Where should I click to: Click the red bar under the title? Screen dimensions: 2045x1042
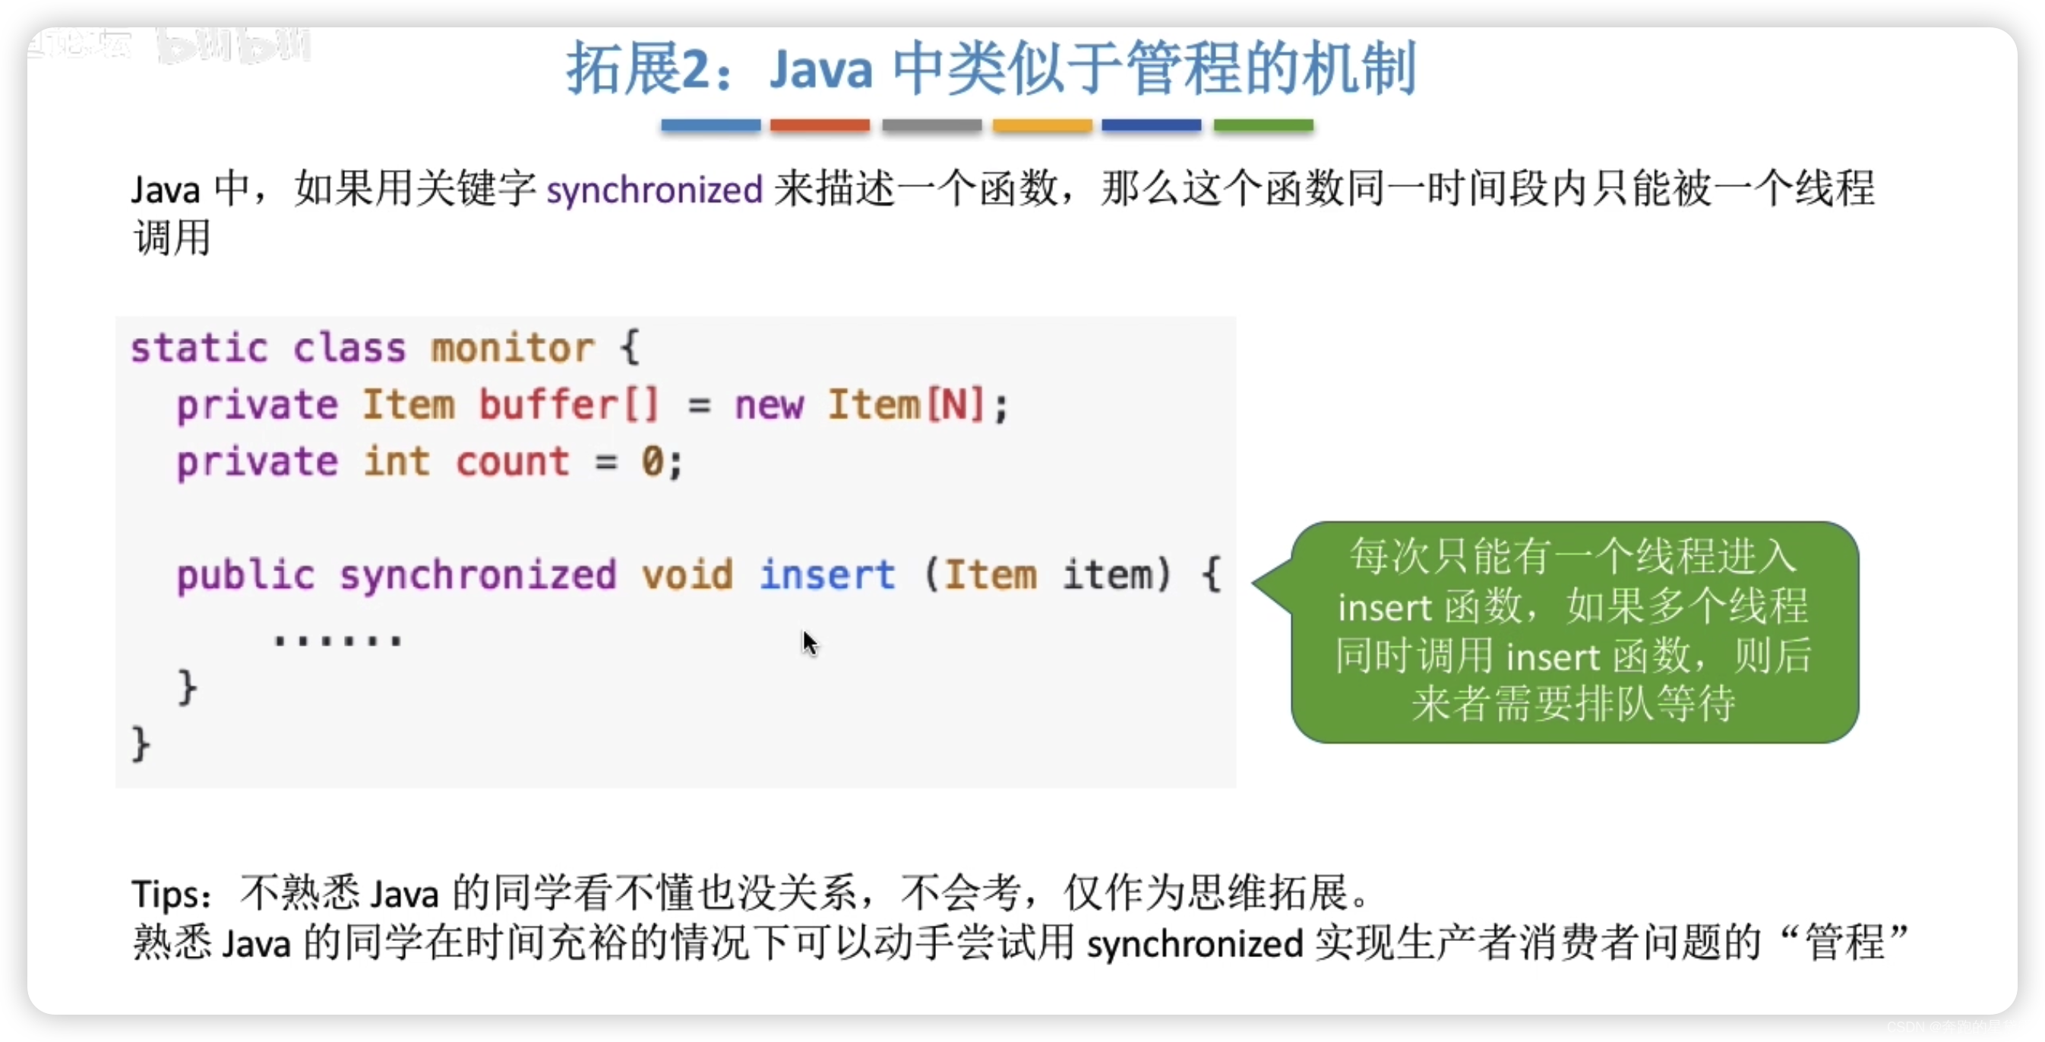tap(819, 125)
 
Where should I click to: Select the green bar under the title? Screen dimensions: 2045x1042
tap(1263, 125)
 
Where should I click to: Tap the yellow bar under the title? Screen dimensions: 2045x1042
tap(1041, 125)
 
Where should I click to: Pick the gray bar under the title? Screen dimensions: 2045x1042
tap(931, 125)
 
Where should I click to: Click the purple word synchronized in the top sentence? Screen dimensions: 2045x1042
tap(654, 191)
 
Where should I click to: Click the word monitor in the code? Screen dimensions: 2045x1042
tap(512, 349)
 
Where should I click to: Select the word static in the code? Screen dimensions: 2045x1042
tap(199, 349)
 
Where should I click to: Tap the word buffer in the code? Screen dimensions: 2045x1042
tap(548, 405)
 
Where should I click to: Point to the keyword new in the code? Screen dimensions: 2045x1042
tap(769, 406)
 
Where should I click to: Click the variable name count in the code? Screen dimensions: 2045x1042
tap(512, 462)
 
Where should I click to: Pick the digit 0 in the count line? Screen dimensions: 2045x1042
tap(652, 462)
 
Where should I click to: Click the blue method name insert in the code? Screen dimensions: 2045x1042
tap(827, 575)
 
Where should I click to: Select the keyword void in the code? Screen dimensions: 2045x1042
tap(687, 575)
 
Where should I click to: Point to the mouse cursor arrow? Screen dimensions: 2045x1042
tap(808, 641)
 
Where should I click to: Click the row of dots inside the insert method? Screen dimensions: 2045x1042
tap(338, 639)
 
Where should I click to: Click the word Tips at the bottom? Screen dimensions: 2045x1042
tap(169, 895)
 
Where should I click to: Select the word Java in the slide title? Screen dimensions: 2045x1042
tap(821, 70)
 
